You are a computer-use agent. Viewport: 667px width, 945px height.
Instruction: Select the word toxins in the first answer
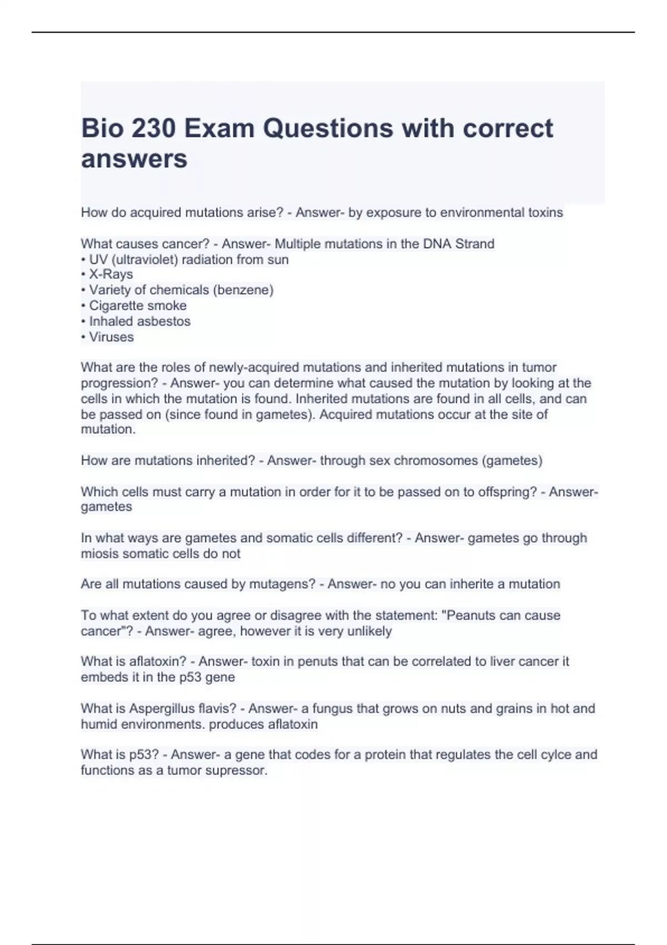(x=544, y=213)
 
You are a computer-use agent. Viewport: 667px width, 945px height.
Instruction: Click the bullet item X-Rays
(x=111, y=275)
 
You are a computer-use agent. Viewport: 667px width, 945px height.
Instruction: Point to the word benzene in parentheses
(x=247, y=290)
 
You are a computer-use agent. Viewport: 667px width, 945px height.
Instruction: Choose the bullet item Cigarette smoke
(x=138, y=306)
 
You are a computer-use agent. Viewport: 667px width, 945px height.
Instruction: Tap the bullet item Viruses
(x=112, y=337)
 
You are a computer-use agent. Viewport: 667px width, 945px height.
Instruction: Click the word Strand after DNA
(x=475, y=244)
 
